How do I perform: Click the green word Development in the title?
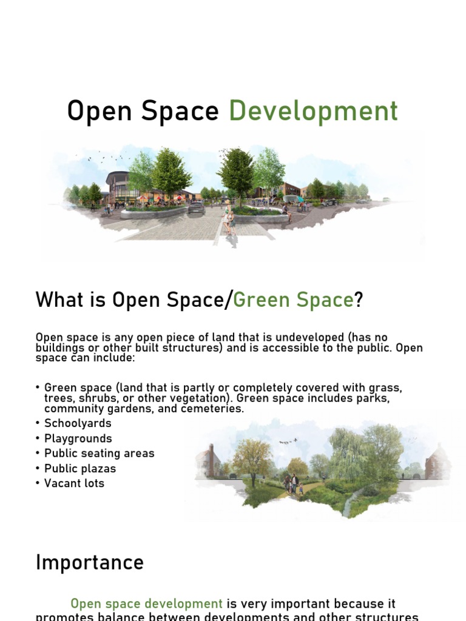(313, 112)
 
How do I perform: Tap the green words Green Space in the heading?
(292, 300)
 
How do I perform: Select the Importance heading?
(90, 562)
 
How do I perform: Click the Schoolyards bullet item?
(78, 423)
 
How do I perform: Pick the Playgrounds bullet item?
(78, 438)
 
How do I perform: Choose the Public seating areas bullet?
(99, 453)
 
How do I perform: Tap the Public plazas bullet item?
(79, 468)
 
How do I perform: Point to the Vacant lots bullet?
(74, 483)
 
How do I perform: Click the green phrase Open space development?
(147, 604)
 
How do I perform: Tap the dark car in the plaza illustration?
(196, 208)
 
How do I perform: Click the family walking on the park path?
(293, 484)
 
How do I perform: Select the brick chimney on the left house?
(210, 452)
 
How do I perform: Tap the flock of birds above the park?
(288, 441)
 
